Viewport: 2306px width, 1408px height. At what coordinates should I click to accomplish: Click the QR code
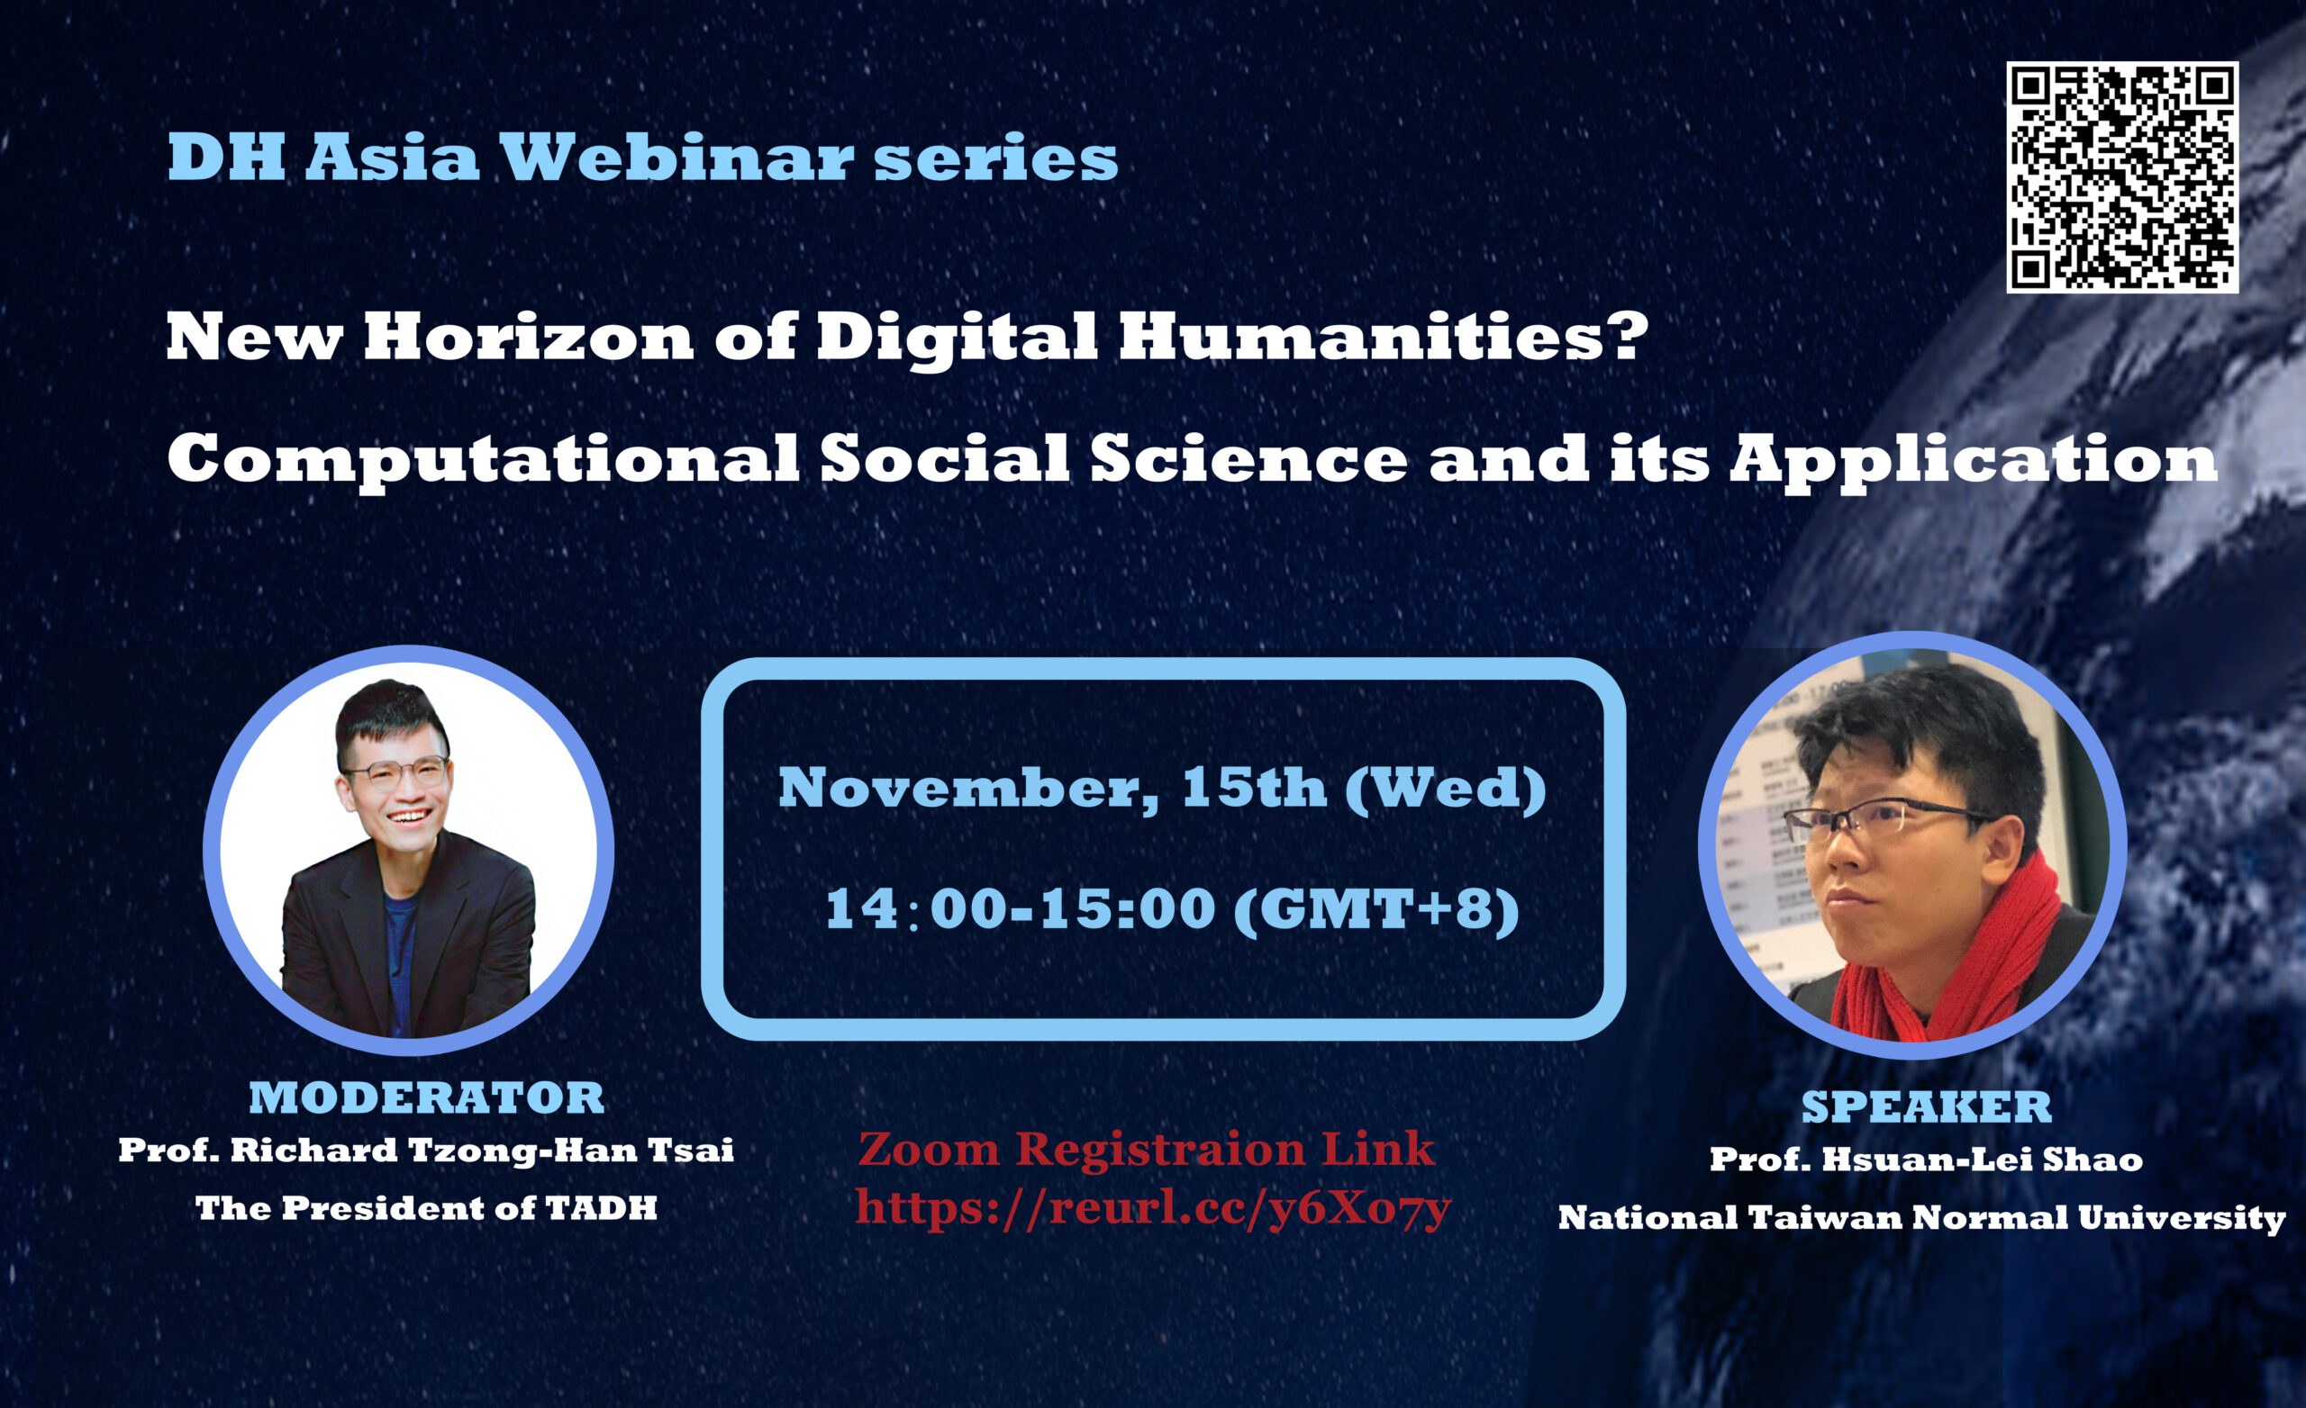click(x=2121, y=177)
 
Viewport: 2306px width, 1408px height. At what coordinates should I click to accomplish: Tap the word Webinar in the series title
click(x=676, y=158)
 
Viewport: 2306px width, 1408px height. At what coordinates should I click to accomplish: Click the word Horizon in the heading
click(x=528, y=337)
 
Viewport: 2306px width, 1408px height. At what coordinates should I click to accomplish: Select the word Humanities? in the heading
click(x=1383, y=337)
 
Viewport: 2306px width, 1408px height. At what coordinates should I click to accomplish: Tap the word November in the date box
click(x=967, y=788)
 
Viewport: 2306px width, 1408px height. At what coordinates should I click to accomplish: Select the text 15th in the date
click(x=1253, y=788)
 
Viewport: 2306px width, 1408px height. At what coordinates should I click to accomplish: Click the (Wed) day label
click(x=1445, y=788)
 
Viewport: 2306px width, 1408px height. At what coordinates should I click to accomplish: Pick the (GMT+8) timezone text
click(x=1375, y=908)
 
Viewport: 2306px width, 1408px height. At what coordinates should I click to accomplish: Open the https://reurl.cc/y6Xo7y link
click(x=1152, y=1208)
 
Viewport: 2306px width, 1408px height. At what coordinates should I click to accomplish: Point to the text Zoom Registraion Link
click(x=1146, y=1149)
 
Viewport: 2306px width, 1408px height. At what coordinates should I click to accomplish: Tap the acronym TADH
click(x=601, y=1209)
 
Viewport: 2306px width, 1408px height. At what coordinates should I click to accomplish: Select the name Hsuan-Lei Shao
click(x=1981, y=1160)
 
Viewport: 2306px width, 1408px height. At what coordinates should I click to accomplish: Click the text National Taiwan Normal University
click(x=1921, y=1218)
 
